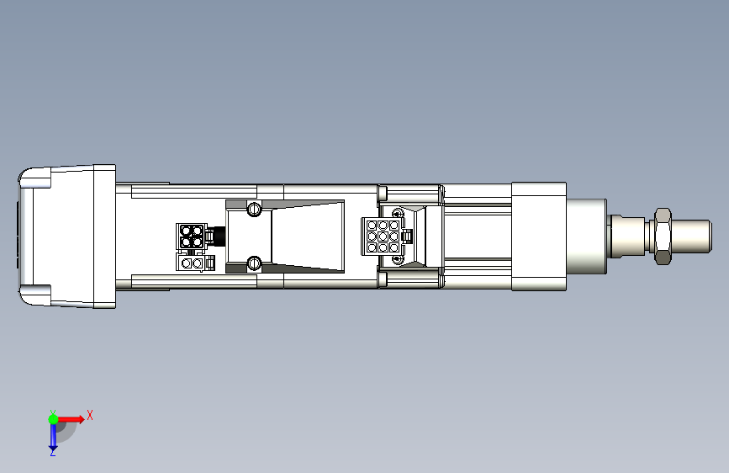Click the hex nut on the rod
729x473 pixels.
pyautogui.click(x=662, y=236)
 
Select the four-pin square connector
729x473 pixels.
pyautogui.click(x=191, y=236)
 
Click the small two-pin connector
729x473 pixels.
pyautogui.click(x=192, y=263)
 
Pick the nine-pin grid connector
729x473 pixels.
pyautogui.click(x=383, y=236)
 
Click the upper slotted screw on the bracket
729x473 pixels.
pyautogui.click(x=254, y=209)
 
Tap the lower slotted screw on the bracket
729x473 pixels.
pyautogui.click(x=254, y=263)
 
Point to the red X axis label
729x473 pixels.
pyautogui.click(x=90, y=415)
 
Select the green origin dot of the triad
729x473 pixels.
pyautogui.click(x=54, y=419)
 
